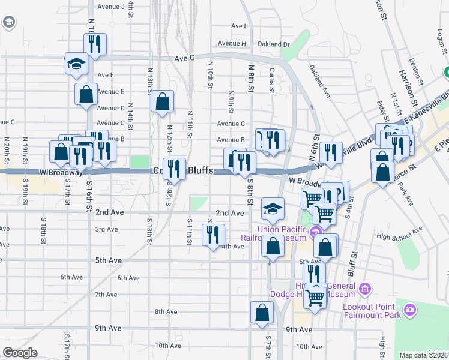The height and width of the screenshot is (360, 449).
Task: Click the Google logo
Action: coord(20,353)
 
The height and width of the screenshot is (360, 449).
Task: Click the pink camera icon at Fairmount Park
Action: coord(410,310)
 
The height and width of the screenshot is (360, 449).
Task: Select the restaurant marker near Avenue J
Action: coord(95,43)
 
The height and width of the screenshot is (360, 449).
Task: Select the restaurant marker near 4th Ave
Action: coord(213,235)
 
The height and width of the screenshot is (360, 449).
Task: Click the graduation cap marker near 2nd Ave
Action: coord(273,209)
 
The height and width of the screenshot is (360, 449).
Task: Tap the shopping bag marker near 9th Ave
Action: coord(262,312)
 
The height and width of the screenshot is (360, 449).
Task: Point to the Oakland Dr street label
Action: coord(273,44)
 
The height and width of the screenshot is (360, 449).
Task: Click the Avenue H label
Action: coord(232,44)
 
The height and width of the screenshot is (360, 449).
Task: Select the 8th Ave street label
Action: coord(166,311)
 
